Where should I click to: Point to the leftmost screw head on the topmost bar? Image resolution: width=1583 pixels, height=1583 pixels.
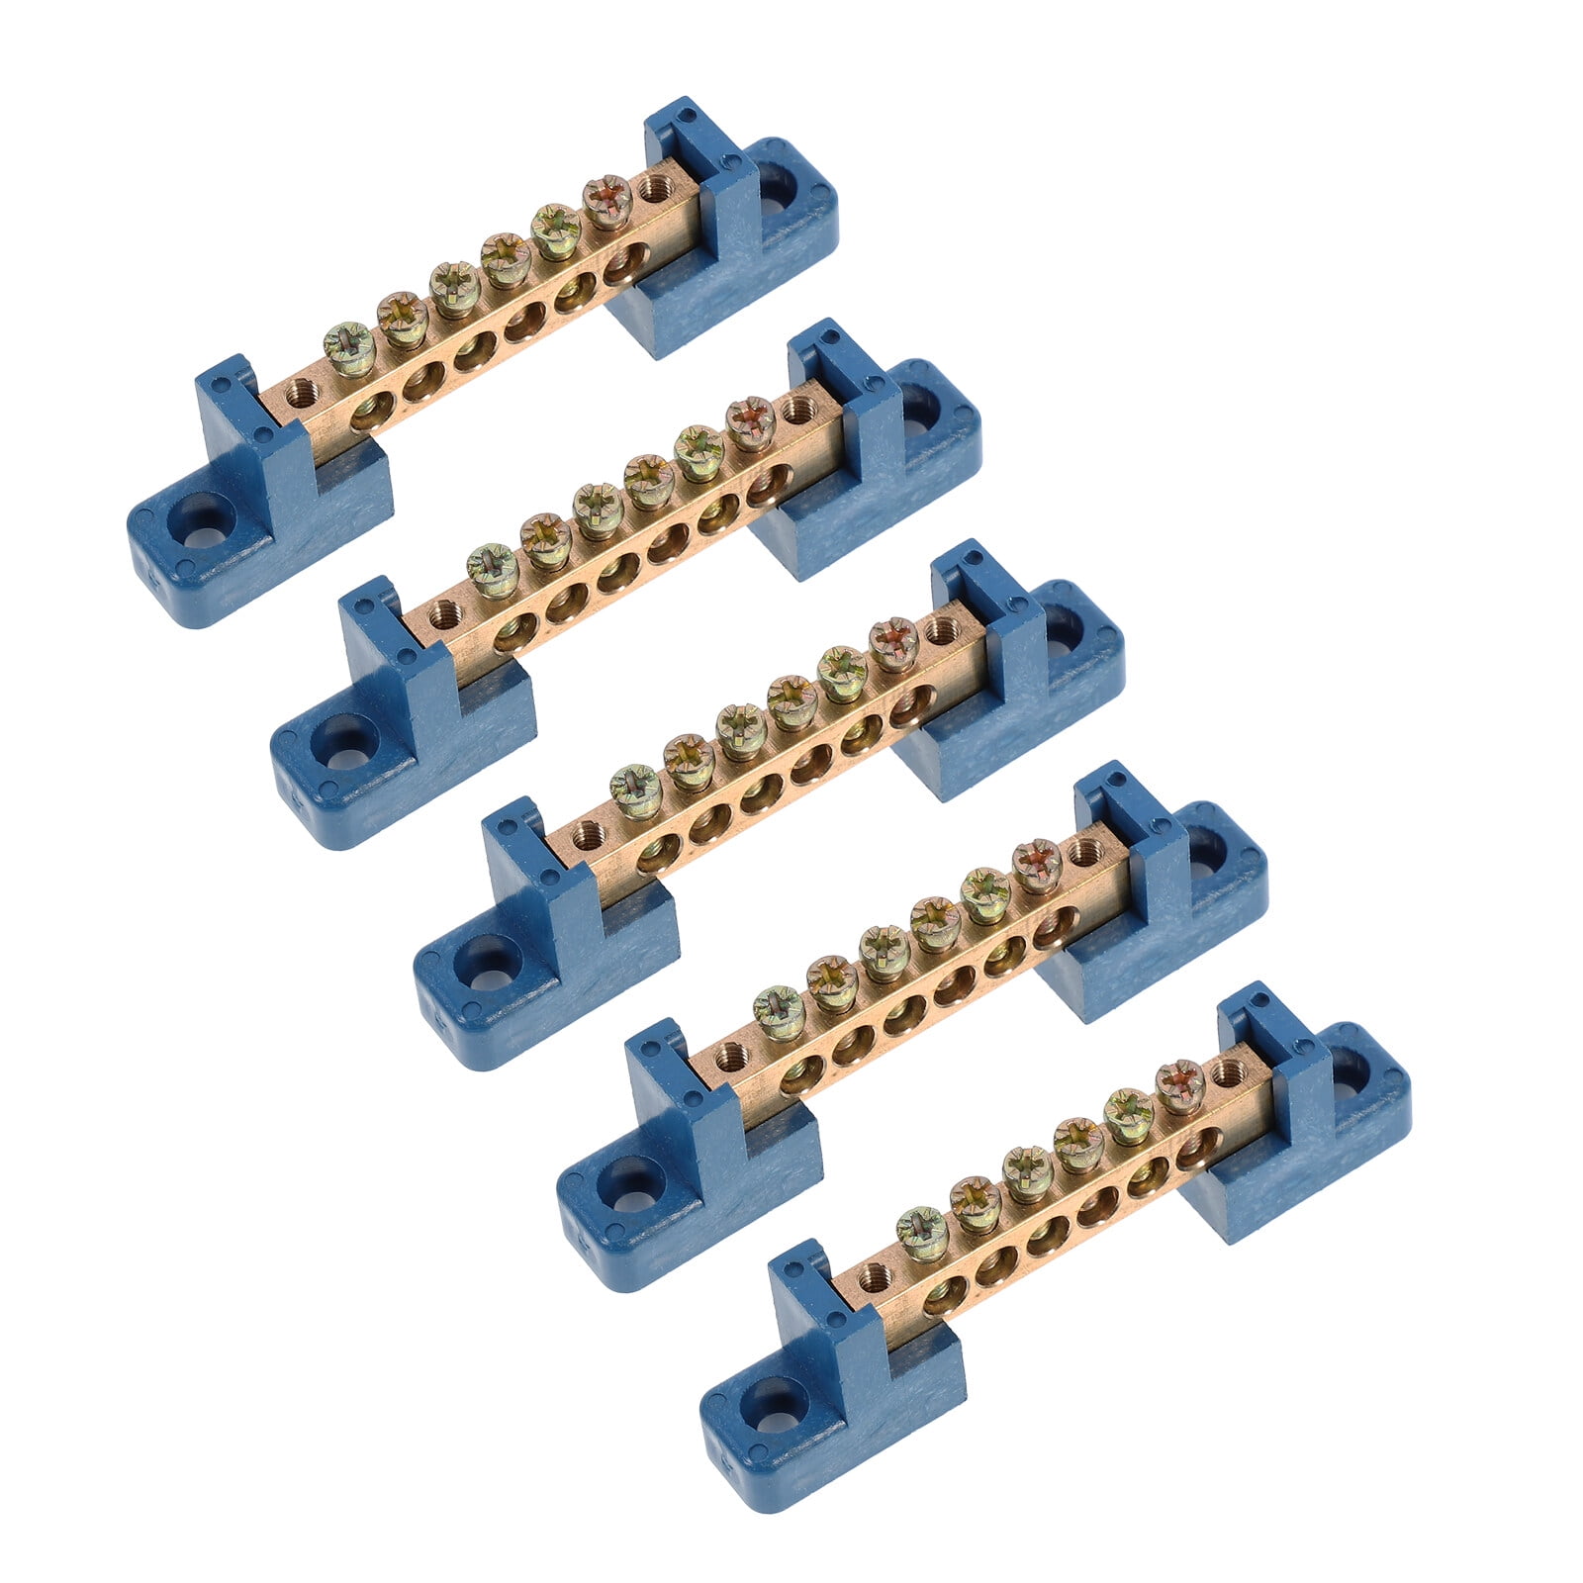pos(349,349)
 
